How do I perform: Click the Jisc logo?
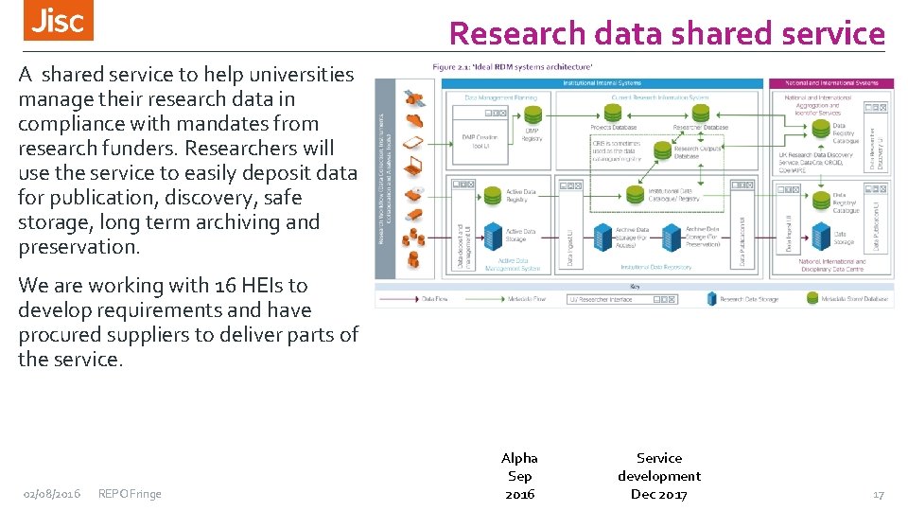[59, 21]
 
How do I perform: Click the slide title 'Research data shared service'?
[667, 34]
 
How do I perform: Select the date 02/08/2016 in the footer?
[52, 494]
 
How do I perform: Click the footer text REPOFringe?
[130, 494]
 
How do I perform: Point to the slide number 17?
[878, 494]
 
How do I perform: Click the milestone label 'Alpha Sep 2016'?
[519, 476]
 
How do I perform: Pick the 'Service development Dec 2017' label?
[659, 476]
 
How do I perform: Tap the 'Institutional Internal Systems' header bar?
[602, 83]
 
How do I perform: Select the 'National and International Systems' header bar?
[830, 83]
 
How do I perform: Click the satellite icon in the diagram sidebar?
[413, 97]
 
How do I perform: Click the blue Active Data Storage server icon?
[492, 234]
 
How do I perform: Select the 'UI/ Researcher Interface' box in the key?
[621, 299]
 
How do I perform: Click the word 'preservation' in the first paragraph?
[77, 247]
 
